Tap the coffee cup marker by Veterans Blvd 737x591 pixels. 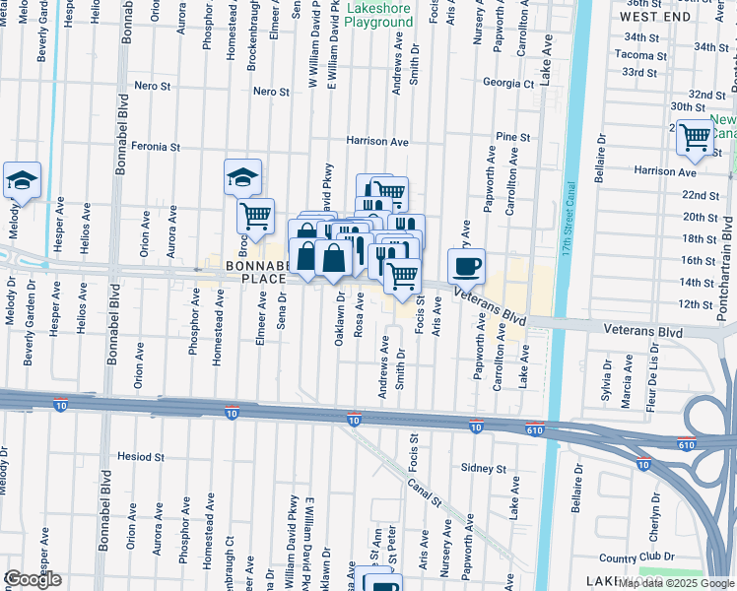466,265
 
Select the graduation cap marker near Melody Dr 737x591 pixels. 22,181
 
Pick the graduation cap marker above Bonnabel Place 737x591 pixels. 242,177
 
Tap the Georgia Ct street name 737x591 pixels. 507,84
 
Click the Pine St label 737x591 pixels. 513,137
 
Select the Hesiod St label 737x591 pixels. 140,457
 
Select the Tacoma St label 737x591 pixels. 640,55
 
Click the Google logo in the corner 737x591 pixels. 33,579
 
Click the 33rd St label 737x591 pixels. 639,73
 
